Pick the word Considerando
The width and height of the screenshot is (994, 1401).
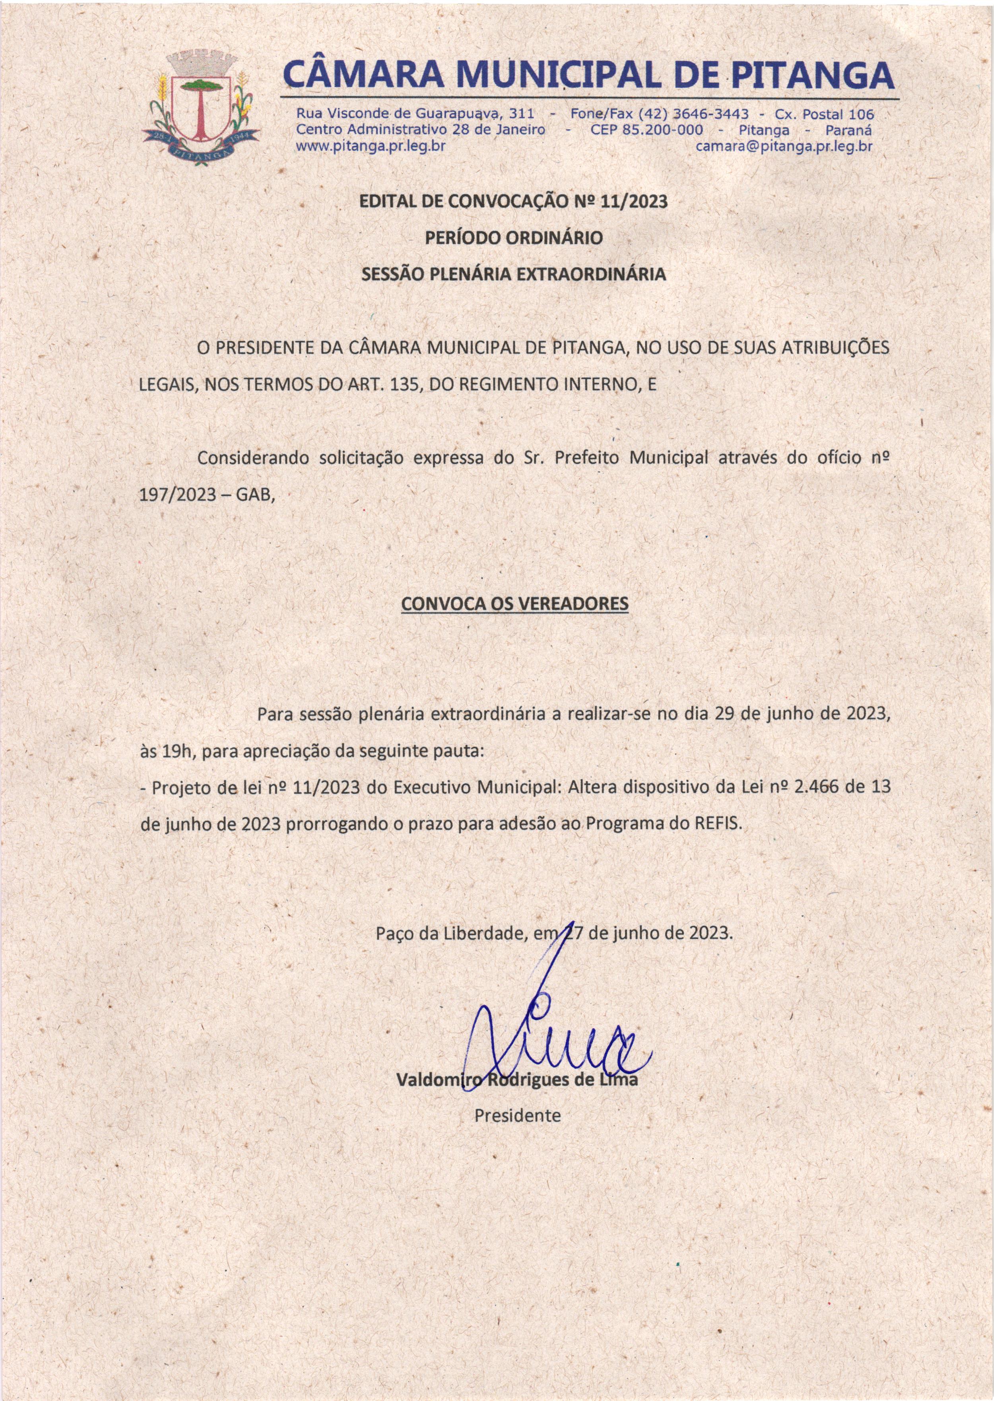coord(252,459)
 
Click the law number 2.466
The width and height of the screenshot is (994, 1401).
coord(817,787)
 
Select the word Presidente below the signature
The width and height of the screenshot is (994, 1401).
coord(517,1115)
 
